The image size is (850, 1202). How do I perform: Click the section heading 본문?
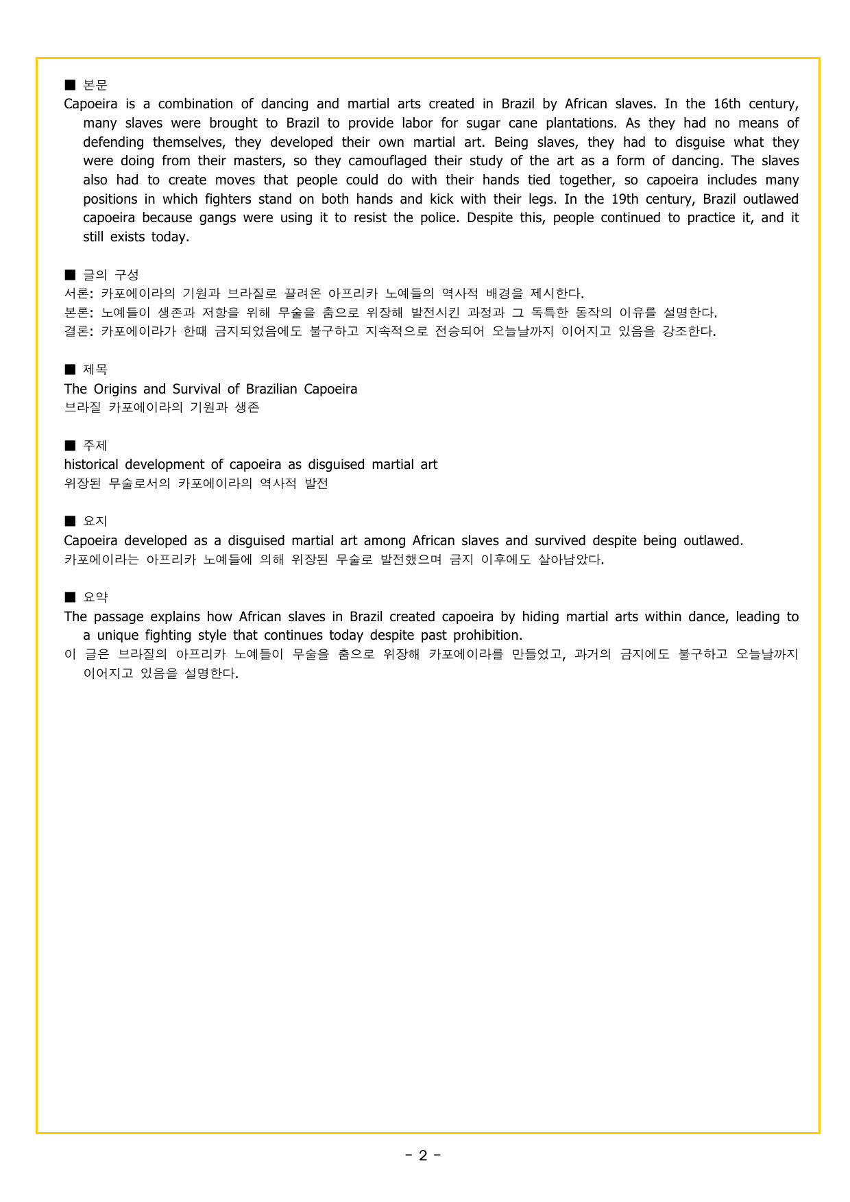pyautogui.click(x=95, y=85)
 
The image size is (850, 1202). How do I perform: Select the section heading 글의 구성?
pyautogui.click(x=111, y=275)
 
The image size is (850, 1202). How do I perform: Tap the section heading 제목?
pyautogui.click(x=95, y=370)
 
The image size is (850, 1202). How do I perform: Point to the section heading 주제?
pyautogui.click(x=95, y=446)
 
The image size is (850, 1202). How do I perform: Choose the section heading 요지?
pyautogui.click(x=95, y=522)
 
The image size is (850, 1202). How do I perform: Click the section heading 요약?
pyautogui.click(x=95, y=597)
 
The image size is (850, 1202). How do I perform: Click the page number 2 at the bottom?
pyautogui.click(x=423, y=1155)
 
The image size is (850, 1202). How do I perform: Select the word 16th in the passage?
pyautogui.click(x=727, y=104)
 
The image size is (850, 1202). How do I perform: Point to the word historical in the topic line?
pyautogui.click(x=91, y=465)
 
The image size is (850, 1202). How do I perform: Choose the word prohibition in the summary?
pyautogui.click(x=487, y=636)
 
